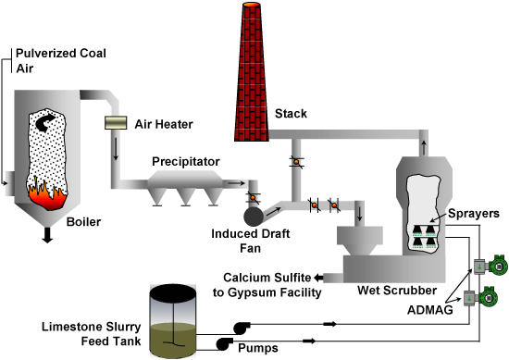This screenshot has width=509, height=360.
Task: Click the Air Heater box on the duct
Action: point(116,123)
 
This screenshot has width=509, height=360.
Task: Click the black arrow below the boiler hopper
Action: point(47,235)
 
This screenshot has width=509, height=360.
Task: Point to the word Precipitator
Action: point(186,162)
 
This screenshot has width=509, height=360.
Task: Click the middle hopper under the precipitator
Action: point(186,197)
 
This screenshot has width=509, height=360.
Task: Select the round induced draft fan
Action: point(254,217)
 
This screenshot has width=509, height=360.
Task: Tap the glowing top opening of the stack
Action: point(252,5)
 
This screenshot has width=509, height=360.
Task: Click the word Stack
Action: point(291,114)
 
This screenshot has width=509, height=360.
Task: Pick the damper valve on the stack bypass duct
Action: point(296,162)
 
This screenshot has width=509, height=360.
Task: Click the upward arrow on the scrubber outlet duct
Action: point(424,147)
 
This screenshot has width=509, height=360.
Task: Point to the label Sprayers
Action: point(474,214)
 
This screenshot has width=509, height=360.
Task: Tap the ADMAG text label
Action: point(430,310)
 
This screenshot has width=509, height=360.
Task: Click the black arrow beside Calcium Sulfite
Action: point(318,278)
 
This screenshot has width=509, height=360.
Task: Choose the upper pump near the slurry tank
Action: point(242,328)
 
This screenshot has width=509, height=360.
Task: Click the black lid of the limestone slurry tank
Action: point(173,292)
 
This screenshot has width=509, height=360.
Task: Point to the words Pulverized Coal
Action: point(61,54)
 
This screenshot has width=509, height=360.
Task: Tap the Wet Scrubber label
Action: point(397,291)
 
